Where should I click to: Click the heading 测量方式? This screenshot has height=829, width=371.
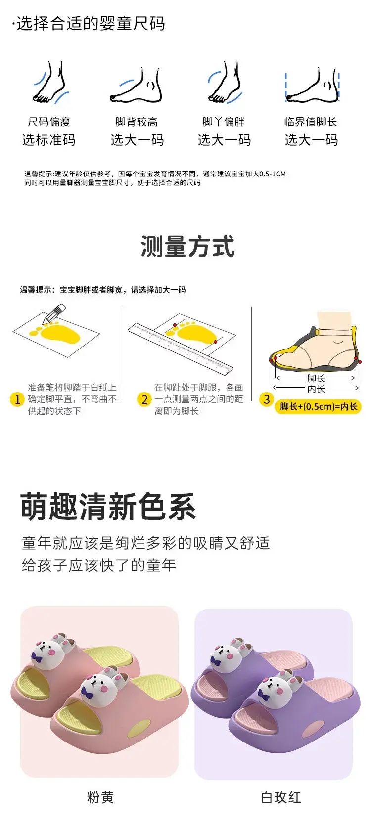[x=187, y=246]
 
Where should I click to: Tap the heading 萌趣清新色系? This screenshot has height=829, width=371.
[x=108, y=506]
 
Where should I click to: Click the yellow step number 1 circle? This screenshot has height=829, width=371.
[x=17, y=399]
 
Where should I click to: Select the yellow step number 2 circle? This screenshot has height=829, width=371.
[x=144, y=399]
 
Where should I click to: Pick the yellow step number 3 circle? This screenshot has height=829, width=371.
[x=267, y=399]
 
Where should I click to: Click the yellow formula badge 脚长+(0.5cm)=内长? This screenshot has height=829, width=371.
[x=318, y=407]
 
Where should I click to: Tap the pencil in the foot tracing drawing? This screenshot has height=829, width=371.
[x=54, y=313]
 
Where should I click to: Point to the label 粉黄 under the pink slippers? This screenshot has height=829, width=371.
[x=100, y=797]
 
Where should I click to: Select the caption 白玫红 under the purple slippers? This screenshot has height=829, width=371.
[x=280, y=797]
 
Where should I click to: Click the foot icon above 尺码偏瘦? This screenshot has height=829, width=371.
[x=50, y=82]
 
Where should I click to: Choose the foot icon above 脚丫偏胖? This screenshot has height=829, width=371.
[x=225, y=82]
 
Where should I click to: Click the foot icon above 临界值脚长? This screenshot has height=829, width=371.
[x=313, y=85]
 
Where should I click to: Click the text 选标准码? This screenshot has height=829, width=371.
[x=49, y=140]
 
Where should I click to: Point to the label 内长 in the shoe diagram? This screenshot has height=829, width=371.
[x=316, y=388]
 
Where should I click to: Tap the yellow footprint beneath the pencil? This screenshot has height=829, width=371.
[x=57, y=332]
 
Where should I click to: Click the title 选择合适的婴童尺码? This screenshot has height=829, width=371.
[x=91, y=23]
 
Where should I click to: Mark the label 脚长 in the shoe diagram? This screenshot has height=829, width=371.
[x=316, y=378]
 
